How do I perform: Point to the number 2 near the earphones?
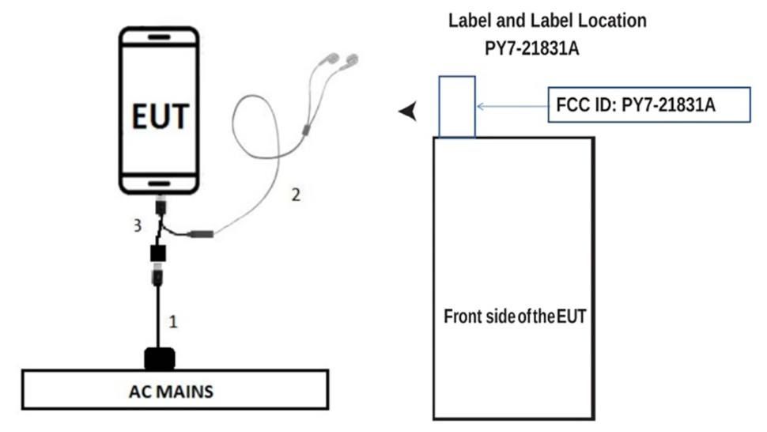tap(296, 194)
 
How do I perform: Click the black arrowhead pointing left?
tap(408, 114)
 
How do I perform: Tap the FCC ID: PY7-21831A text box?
tap(648, 104)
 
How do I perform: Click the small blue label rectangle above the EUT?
tap(456, 107)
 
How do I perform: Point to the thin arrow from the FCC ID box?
tap(511, 104)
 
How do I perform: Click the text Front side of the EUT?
tap(514, 317)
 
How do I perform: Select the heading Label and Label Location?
tap(547, 21)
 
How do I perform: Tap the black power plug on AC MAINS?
tap(161, 358)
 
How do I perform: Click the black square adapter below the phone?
tap(158, 254)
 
